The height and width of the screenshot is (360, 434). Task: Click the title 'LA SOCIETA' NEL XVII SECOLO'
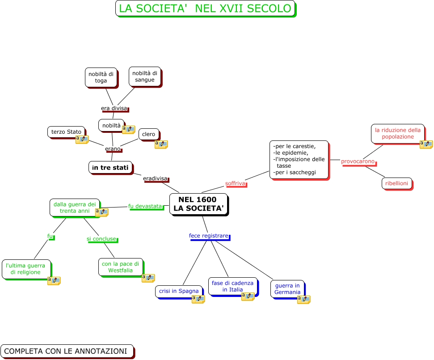pyautogui.click(x=205, y=8)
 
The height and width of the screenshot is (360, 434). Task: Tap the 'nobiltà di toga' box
pyautogui.click(x=101, y=77)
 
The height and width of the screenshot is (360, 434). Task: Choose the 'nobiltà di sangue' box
pyautogui.click(x=144, y=76)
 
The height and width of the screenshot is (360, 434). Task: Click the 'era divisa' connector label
pyautogui.click(x=114, y=108)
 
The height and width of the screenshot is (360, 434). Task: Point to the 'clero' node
pyautogui.click(x=148, y=134)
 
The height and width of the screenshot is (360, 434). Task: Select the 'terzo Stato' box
pyautogui.click(x=66, y=131)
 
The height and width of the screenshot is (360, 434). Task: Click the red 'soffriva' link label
pyautogui.click(x=235, y=183)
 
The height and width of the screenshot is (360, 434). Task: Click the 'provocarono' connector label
pyautogui.click(x=358, y=161)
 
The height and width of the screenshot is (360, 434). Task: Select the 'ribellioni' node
pyautogui.click(x=396, y=183)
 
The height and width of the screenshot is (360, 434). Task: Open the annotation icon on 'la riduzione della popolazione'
pyautogui.click(x=426, y=144)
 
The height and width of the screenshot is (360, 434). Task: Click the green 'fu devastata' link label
pyautogui.click(x=145, y=206)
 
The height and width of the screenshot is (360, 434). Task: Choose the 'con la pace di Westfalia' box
pyautogui.click(x=120, y=267)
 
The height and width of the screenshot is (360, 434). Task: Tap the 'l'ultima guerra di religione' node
pyautogui.click(x=25, y=269)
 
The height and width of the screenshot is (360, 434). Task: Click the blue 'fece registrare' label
pyautogui.click(x=208, y=236)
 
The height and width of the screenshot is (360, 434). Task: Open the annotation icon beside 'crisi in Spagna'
pyautogui.click(x=198, y=299)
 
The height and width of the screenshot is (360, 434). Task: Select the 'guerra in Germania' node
pyautogui.click(x=287, y=288)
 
